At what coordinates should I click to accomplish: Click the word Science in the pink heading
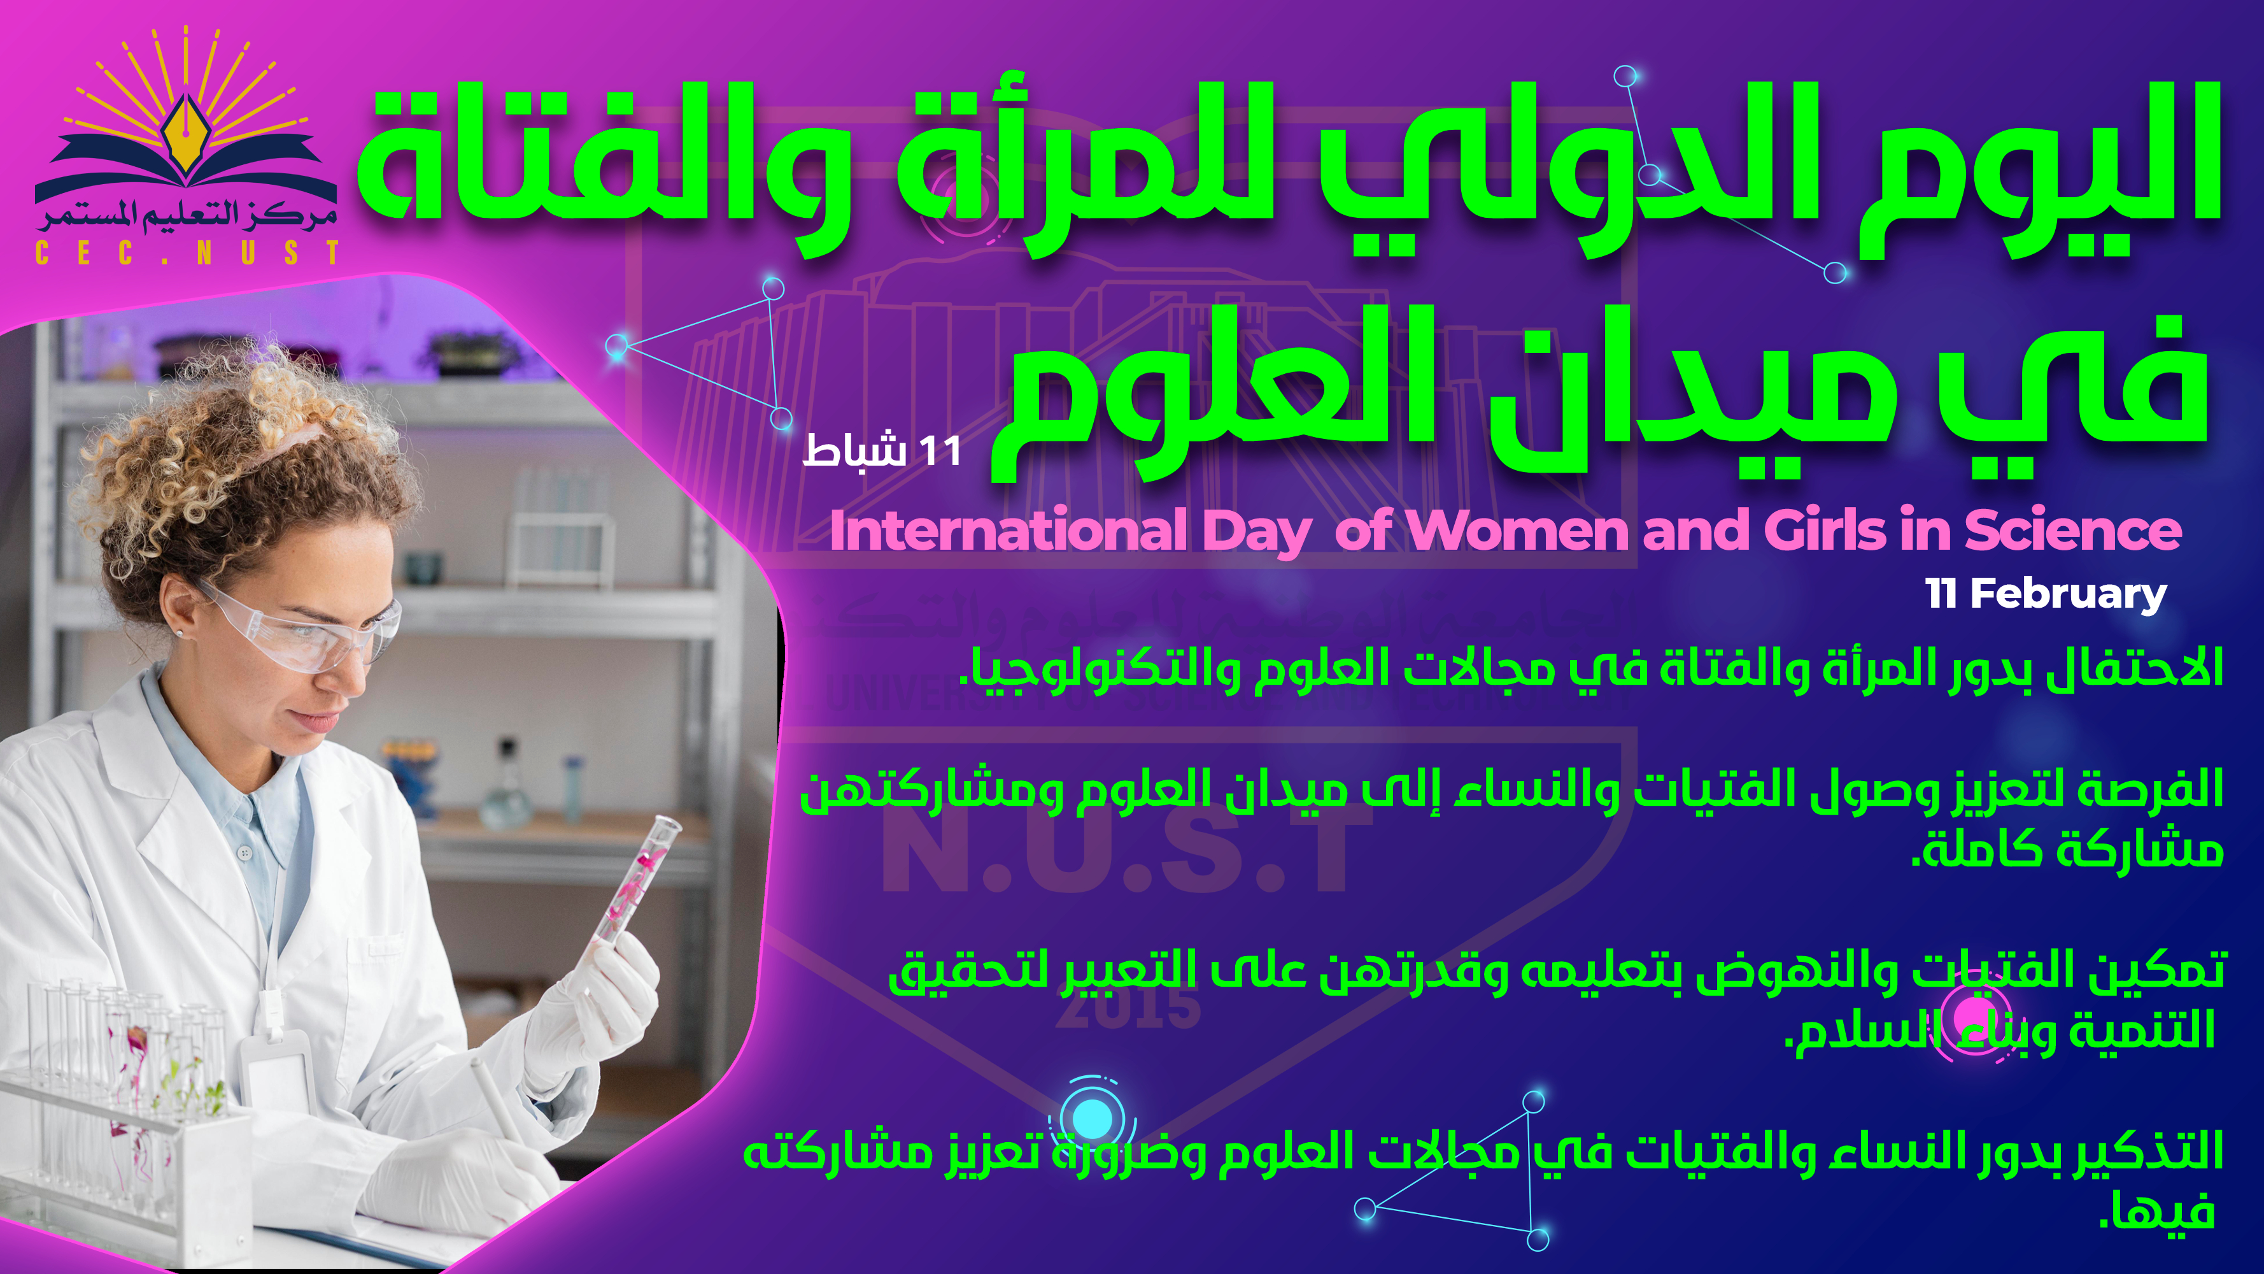[2072, 530]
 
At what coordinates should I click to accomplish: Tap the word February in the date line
[2067, 595]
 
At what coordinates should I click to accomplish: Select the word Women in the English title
[1517, 530]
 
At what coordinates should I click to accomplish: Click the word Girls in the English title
[1825, 530]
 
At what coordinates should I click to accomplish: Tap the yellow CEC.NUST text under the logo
[187, 254]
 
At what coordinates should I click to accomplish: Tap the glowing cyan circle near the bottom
[1093, 1119]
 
